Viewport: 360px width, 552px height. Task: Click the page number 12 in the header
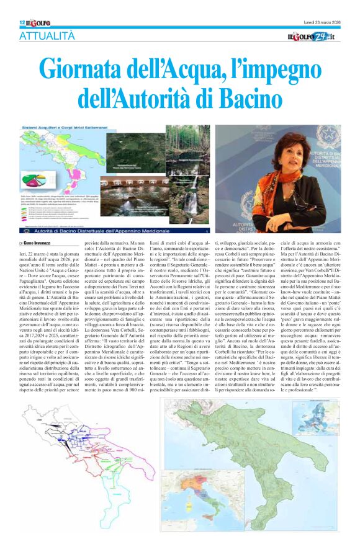22,23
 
